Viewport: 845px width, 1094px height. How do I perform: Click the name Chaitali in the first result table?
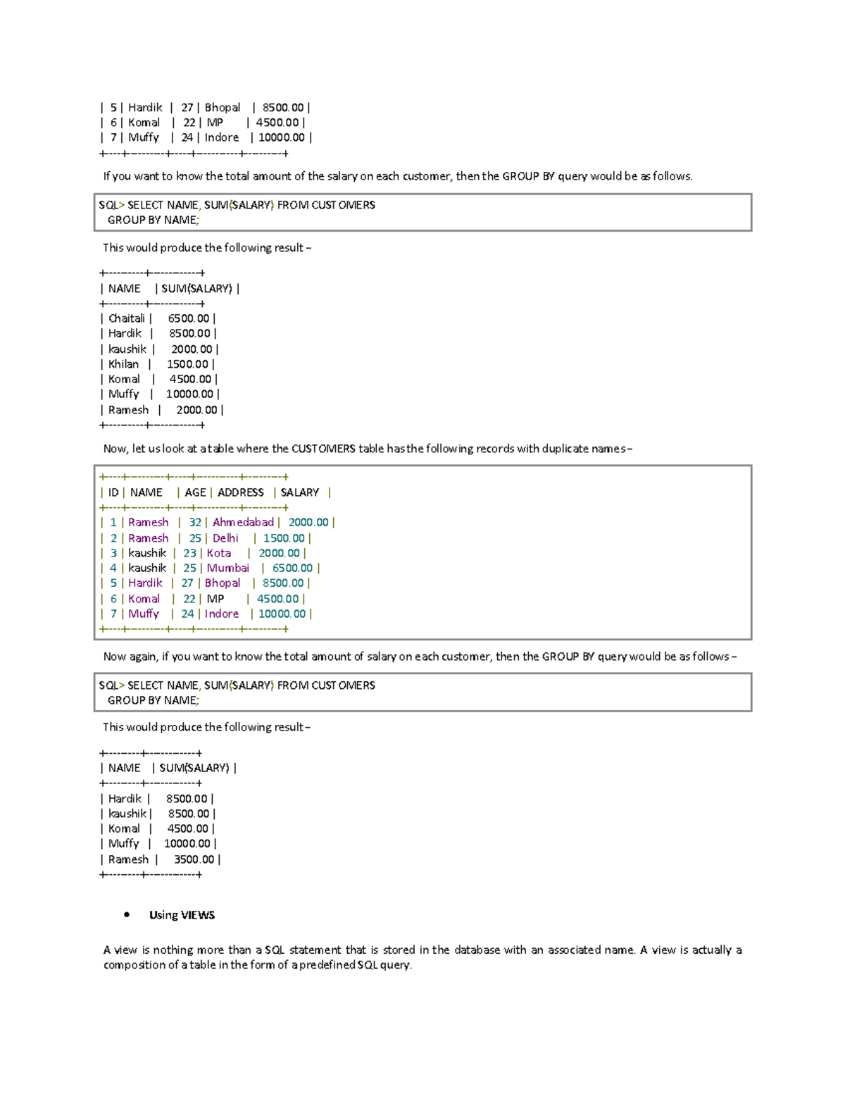(x=126, y=318)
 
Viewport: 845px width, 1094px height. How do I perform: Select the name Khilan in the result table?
(x=123, y=364)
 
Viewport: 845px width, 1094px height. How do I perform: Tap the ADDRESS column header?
(x=240, y=492)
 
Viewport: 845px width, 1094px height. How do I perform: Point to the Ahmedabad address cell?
(x=243, y=522)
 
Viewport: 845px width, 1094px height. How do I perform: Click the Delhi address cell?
(x=225, y=538)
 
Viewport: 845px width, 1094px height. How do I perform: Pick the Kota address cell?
(x=218, y=553)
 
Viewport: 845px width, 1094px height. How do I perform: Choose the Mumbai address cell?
(x=227, y=568)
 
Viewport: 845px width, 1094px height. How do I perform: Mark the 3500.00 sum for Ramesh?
(x=194, y=859)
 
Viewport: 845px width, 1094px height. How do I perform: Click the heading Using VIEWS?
(x=182, y=915)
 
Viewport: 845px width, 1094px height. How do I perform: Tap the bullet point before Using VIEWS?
(x=127, y=915)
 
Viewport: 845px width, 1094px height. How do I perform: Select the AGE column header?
(x=195, y=492)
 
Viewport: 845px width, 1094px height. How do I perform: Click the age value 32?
(x=195, y=522)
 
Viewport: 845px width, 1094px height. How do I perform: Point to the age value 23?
(x=189, y=553)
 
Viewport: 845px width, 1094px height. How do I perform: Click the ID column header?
(x=113, y=492)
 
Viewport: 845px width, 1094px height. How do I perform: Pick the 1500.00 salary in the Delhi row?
(x=284, y=538)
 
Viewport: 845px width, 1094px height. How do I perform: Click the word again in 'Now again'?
(x=143, y=657)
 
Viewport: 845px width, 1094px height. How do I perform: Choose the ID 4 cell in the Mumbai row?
(x=113, y=568)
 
